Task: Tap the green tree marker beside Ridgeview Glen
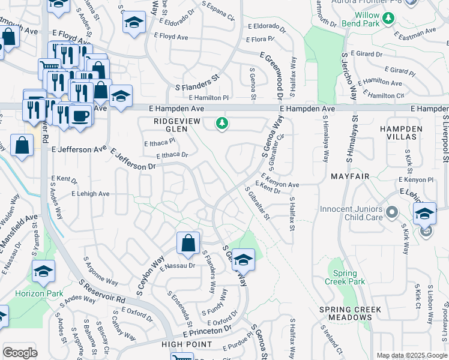click(x=223, y=124)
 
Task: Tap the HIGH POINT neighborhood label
click(x=187, y=344)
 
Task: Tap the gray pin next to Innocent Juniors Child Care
click(x=393, y=212)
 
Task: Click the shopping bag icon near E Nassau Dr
click(x=188, y=243)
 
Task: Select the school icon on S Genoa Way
click(x=243, y=259)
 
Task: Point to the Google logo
click(x=20, y=352)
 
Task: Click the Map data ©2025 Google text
click(x=411, y=355)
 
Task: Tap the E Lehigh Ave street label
click(x=90, y=194)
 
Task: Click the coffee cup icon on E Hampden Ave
click(x=80, y=115)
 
